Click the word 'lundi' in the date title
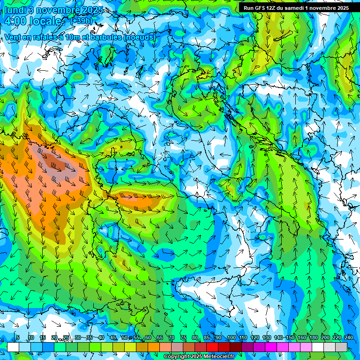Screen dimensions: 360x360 [x=15, y=10]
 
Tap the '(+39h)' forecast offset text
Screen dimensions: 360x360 [x=81, y=21]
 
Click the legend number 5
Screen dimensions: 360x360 [x=18, y=338]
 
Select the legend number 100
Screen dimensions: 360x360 [x=231, y=338]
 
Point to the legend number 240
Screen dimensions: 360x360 [x=348, y=338]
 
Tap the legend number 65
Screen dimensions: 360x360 [x=160, y=338]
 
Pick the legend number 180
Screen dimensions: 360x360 [x=313, y=338]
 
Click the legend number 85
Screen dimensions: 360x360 [x=207, y=338]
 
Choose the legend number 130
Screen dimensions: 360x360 [x=266, y=338]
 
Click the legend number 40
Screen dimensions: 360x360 [x=101, y=338]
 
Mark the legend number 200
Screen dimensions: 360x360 [x=325, y=338]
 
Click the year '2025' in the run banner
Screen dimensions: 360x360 [x=342, y=8]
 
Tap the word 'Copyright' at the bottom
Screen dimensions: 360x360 [x=177, y=356]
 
